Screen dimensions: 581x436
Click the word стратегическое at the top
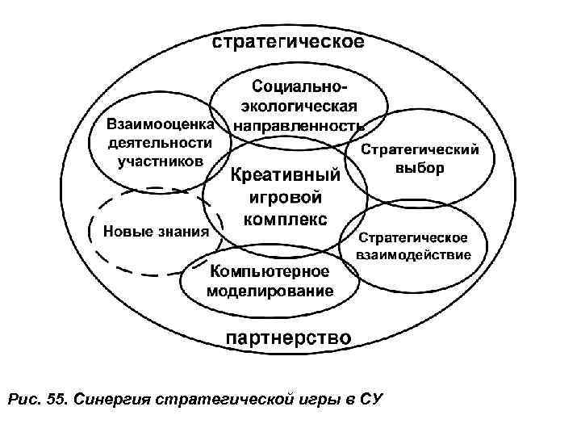point(287,43)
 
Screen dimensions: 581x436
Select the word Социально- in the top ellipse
point(299,85)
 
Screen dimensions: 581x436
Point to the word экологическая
point(299,105)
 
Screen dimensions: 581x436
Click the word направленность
point(299,125)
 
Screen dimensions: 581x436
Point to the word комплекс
point(285,219)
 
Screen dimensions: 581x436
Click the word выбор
point(420,169)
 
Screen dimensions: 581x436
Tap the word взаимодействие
point(414,255)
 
